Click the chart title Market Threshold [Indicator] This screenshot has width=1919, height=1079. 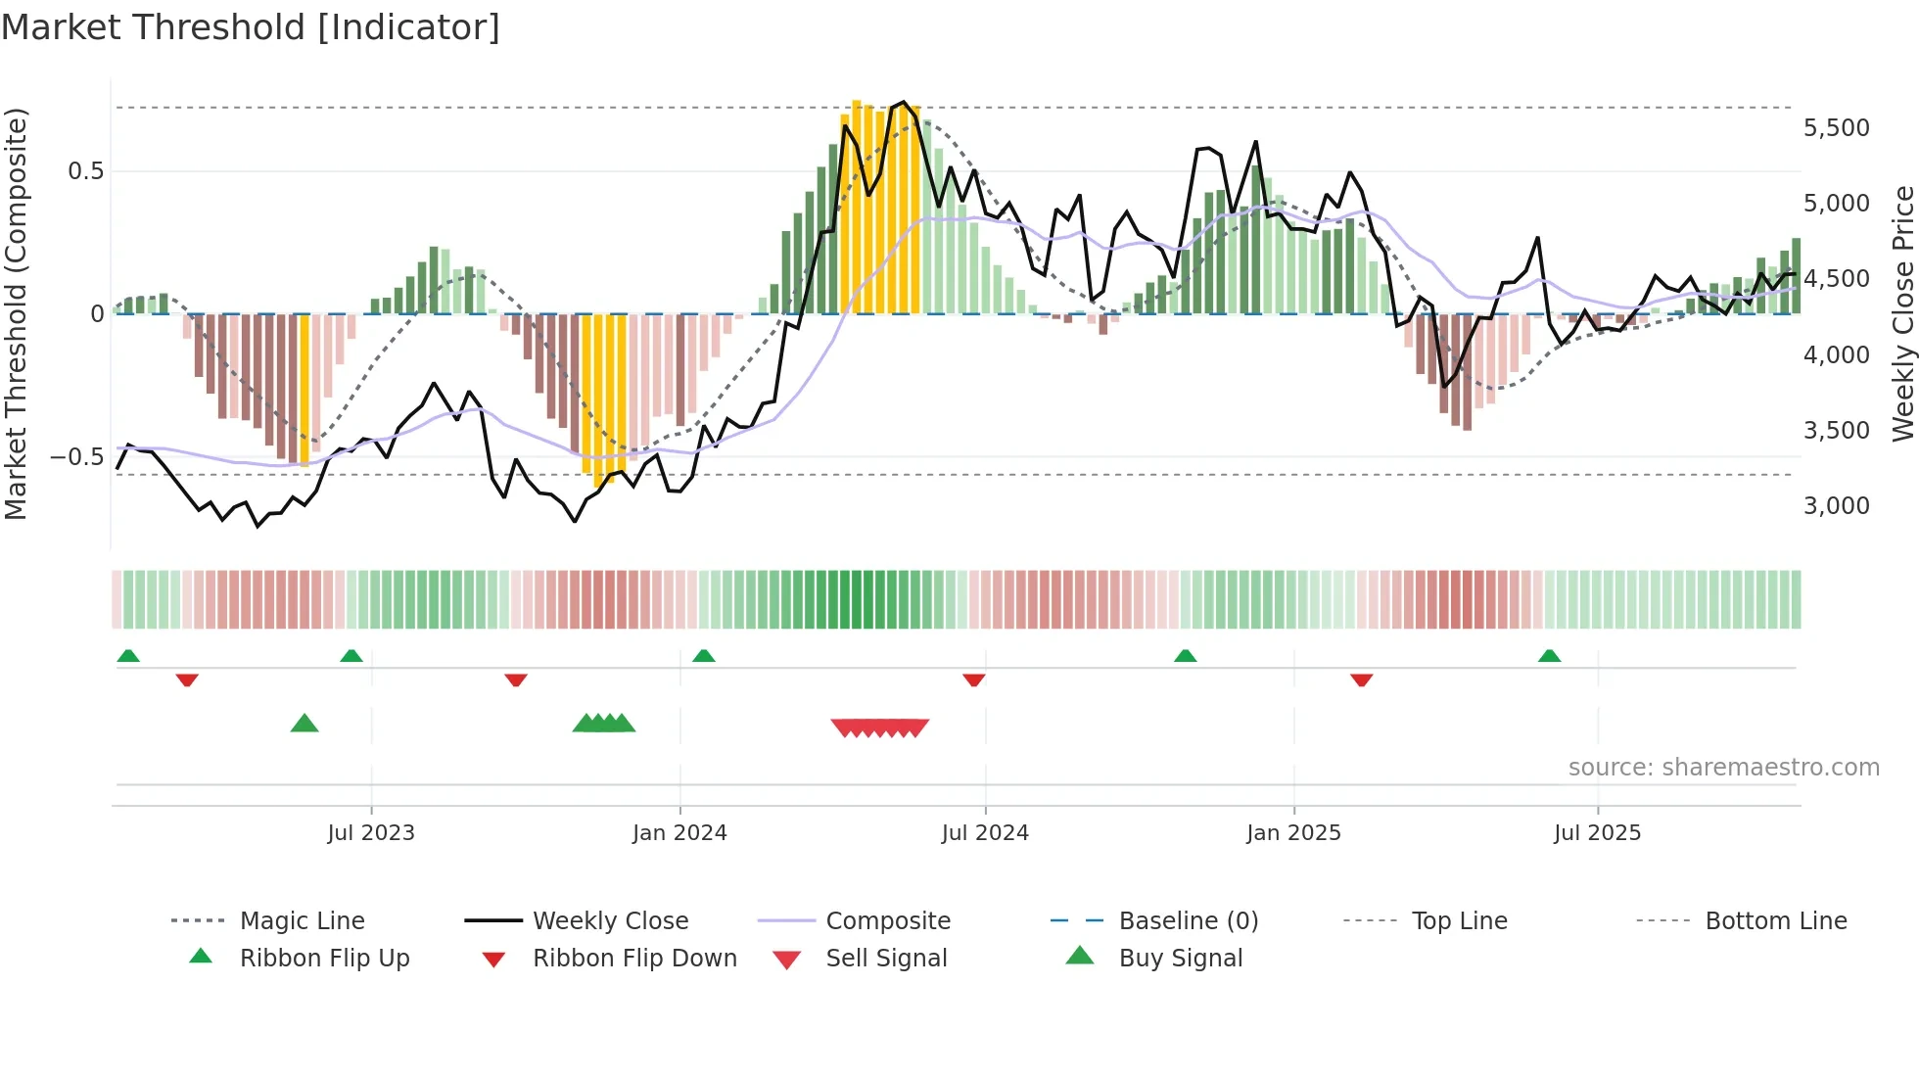[251, 27]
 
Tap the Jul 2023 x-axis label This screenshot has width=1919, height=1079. [371, 833]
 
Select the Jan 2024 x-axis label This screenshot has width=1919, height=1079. [679, 833]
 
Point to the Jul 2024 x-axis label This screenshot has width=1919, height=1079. [985, 833]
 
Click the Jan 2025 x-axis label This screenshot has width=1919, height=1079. [1293, 833]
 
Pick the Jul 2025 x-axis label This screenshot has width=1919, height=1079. [1597, 833]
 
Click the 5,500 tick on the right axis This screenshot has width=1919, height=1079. [1836, 128]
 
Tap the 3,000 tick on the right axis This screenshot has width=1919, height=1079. [1836, 506]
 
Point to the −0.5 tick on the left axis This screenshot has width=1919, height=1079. [76, 457]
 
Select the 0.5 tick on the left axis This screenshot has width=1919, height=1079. [85, 171]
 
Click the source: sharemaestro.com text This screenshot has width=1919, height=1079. [1723, 768]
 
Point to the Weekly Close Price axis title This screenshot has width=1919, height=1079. [1902, 313]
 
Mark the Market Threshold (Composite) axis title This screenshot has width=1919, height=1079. [16, 313]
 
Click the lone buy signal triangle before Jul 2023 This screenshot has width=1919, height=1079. [304, 724]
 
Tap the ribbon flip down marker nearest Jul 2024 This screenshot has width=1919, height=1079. [973, 680]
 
